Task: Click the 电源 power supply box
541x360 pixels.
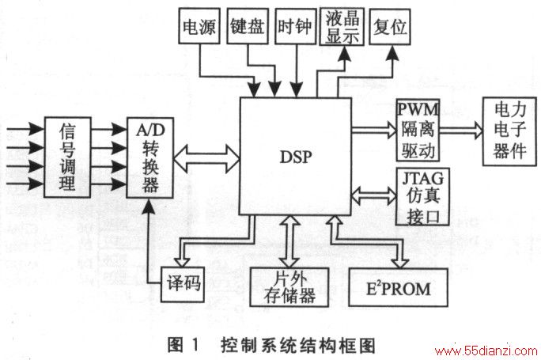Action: click(199, 26)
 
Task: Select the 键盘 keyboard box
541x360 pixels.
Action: click(248, 26)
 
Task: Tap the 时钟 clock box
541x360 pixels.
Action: click(296, 26)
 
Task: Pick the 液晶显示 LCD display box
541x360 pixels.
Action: click(342, 27)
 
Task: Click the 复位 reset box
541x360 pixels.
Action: click(390, 27)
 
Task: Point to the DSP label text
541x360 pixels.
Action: click(296, 157)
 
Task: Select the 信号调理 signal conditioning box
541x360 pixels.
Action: click(68, 157)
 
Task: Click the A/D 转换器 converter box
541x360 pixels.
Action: click(150, 157)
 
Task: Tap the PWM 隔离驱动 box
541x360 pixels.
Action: click(418, 131)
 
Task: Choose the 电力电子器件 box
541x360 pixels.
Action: click(509, 131)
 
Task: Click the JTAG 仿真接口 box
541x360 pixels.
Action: click(422, 197)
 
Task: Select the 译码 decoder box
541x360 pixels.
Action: click(183, 284)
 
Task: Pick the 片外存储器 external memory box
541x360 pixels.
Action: click(289, 287)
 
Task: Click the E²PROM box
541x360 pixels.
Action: click(399, 287)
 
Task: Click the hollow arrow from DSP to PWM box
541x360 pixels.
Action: click(374, 130)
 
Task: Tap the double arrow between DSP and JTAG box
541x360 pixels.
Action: click(373, 196)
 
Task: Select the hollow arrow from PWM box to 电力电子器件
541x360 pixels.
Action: click(461, 130)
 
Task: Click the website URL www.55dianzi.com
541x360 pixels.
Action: click(487, 351)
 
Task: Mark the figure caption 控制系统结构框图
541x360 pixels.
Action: click(298, 346)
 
